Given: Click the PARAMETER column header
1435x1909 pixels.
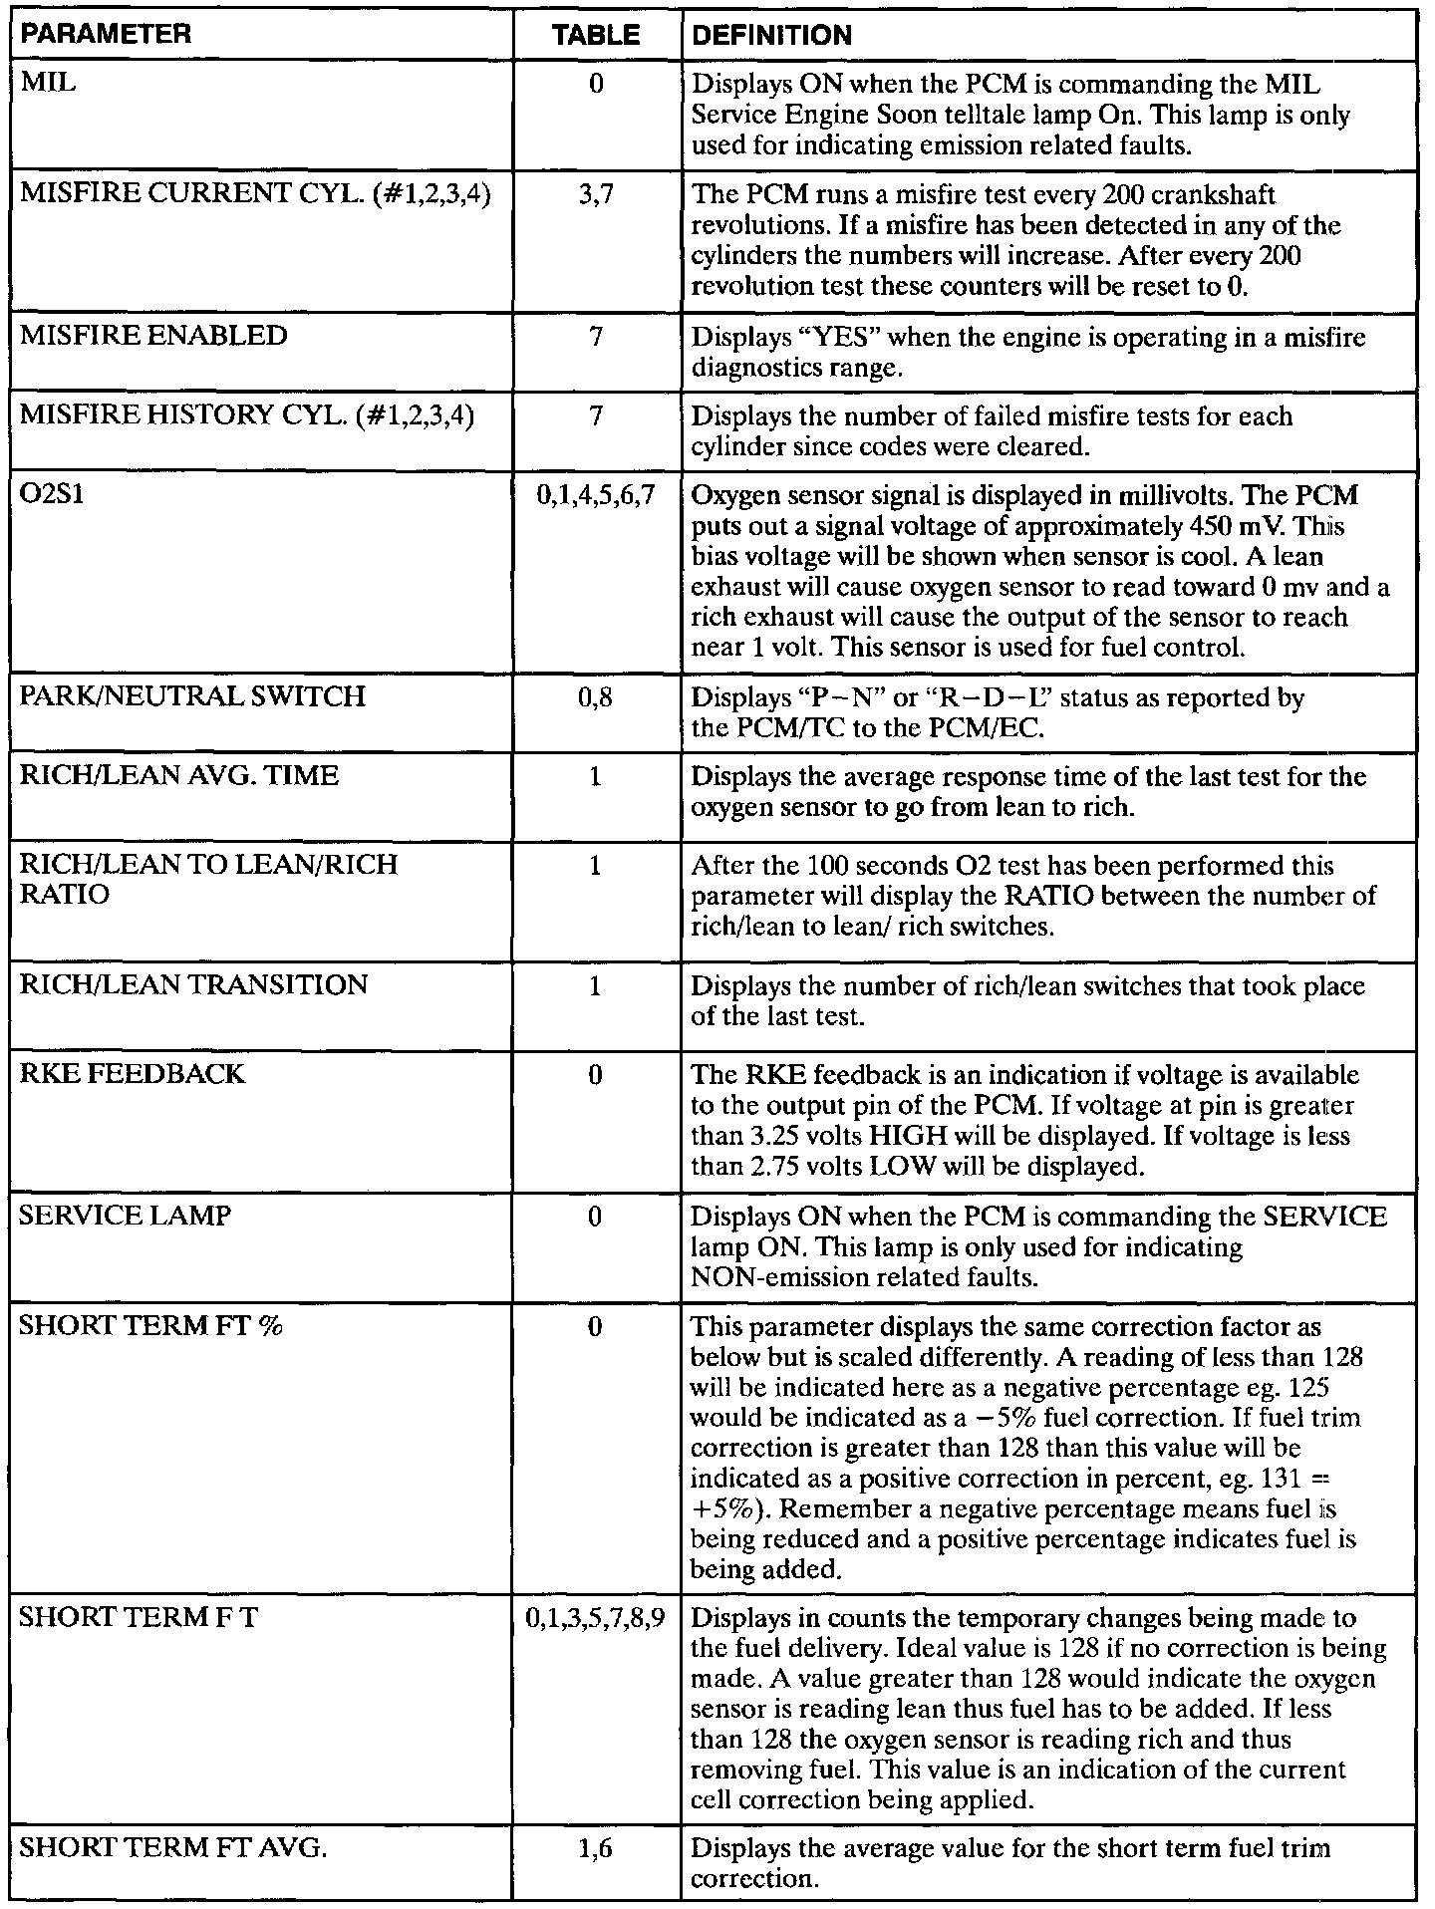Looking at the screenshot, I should pos(105,36).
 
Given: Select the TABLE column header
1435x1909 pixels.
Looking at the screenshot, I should pos(596,36).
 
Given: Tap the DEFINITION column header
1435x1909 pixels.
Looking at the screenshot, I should pos(771,36).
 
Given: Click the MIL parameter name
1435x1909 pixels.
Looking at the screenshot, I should pos(48,83).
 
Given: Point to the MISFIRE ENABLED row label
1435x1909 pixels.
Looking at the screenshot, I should pos(153,336).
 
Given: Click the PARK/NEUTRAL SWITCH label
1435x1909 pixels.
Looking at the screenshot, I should pos(192,695).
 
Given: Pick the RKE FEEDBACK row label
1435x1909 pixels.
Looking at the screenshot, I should pos(132,1073).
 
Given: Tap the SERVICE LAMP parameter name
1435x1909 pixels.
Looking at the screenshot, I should pos(125,1216).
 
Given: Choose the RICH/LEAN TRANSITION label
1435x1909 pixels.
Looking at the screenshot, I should pos(193,984).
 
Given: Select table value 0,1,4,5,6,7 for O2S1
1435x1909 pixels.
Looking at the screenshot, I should pos(596,495).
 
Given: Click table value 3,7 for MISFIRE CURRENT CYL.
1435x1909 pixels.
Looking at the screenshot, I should pos(596,194).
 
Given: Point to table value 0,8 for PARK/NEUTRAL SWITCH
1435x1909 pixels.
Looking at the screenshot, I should pos(596,697).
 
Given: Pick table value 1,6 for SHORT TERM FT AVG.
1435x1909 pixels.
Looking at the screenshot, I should pos(596,1848).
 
